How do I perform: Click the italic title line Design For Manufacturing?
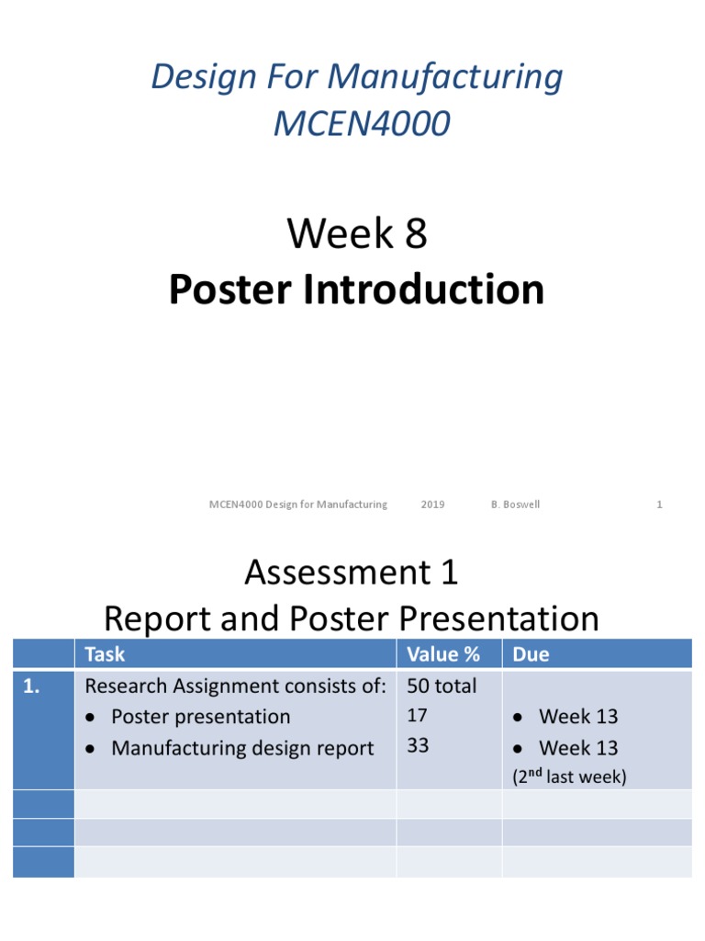click(357, 77)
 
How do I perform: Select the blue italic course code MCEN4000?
click(362, 124)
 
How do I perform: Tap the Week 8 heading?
click(357, 234)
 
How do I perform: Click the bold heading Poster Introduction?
click(356, 289)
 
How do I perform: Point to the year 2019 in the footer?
click(432, 505)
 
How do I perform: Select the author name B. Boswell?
click(515, 505)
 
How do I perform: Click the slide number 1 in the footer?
click(659, 505)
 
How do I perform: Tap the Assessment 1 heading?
click(351, 573)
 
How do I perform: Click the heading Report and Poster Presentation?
click(351, 618)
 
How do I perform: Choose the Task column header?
click(105, 654)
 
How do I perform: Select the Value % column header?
click(443, 654)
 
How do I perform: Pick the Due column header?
click(531, 654)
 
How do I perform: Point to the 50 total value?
click(442, 686)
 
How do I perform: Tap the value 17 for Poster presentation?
click(418, 716)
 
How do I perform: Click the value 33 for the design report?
click(418, 746)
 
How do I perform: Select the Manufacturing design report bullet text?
click(241, 748)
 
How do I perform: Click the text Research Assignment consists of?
click(235, 686)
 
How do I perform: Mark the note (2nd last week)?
click(569, 777)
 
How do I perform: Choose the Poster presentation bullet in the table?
click(200, 717)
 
